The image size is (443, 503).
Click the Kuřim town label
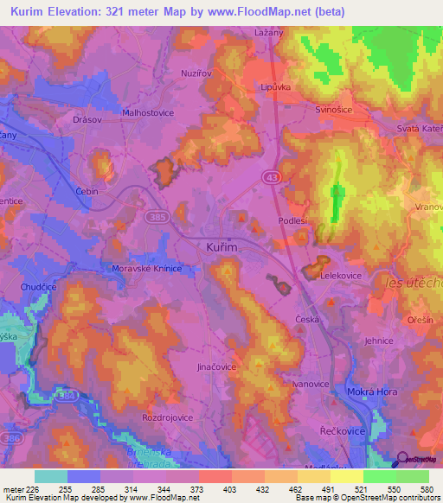coord(221,247)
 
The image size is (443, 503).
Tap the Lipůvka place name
coord(278,87)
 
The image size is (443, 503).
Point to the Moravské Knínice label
coord(147,269)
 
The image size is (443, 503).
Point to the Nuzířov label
coord(196,73)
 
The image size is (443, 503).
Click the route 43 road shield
coord(271,176)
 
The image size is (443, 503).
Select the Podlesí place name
coord(292,221)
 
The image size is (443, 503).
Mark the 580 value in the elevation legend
coord(425,489)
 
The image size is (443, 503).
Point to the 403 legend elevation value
coord(228,489)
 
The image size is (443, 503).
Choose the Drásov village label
coord(89,119)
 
